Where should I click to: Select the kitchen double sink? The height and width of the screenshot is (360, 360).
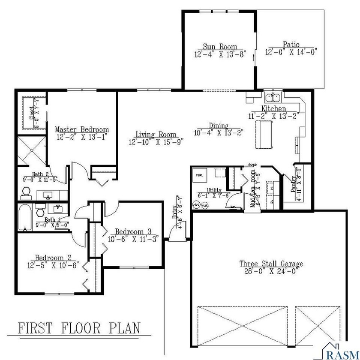pyautogui.click(x=272, y=96)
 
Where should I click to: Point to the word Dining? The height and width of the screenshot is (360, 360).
pyautogui.click(x=218, y=126)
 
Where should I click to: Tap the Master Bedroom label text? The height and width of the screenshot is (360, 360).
pyautogui.click(x=81, y=129)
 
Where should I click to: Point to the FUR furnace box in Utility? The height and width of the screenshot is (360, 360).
pyautogui.click(x=200, y=175)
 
